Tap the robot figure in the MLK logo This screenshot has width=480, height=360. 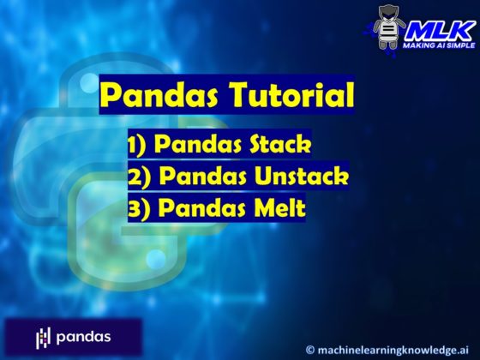tap(390, 28)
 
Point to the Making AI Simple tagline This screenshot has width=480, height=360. tap(440, 45)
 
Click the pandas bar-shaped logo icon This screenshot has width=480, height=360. tap(43, 337)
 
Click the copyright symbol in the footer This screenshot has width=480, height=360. tap(310, 348)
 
